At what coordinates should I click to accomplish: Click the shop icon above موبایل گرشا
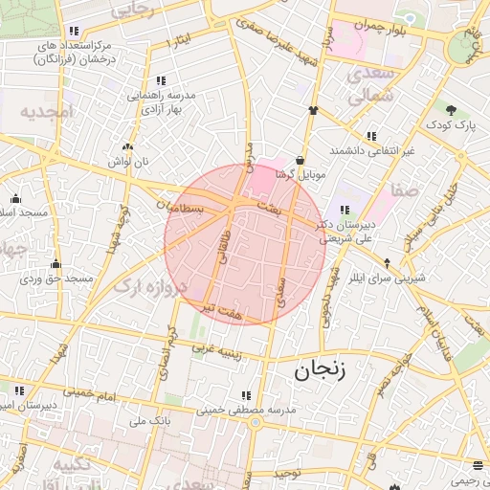[x=302, y=160]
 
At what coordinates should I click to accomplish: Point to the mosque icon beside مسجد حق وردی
[x=56, y=264]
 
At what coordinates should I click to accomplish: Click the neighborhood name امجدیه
[x=46, y=112]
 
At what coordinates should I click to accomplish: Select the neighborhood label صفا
[x=406, y=189]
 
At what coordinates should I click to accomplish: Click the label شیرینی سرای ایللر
[x=394, y=278]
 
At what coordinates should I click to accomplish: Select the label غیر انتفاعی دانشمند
[x=371, y=151]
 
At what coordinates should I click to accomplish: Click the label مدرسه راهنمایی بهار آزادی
[x=158, y=102]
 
